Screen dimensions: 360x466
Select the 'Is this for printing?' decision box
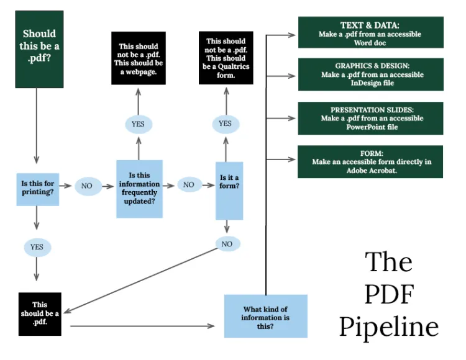point(37,189)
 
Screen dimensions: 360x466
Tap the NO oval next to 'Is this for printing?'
point(88,186)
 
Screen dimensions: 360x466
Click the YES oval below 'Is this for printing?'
point(37,246)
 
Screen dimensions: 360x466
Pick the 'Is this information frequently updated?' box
point(140,189)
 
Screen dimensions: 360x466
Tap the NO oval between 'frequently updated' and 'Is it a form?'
point(189,184)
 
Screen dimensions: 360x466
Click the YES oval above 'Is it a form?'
point(225,124)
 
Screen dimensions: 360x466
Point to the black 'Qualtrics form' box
point(224,58)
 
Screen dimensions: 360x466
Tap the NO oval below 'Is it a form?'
point(227,244)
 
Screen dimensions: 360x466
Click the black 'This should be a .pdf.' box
point(40,313)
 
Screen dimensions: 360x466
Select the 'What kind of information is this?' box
point(265,316)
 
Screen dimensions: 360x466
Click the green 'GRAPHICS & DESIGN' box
point(370,74)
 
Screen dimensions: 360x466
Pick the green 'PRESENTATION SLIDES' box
point(370,118)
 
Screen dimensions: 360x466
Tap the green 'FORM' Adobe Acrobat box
point(370,161)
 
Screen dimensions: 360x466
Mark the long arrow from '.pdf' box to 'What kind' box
point(143,325)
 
